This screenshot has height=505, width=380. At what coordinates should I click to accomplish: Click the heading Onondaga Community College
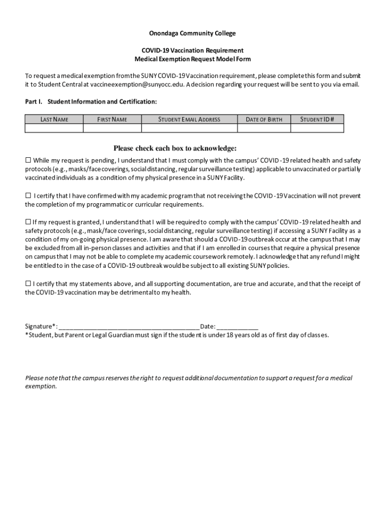coord(192,34)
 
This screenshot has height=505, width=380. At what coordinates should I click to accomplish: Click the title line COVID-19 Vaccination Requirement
coord(192,50)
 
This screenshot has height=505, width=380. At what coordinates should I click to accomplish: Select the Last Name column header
coord(54,119)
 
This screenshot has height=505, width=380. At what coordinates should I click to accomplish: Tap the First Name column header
coord(112,119)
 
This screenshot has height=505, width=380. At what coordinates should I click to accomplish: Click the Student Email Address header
coord(189,119)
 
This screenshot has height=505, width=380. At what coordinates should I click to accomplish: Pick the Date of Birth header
coord(264,119)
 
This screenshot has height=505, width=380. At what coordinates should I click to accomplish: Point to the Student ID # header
coord(317,119)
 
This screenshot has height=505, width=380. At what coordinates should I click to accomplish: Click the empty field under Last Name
coord(54,128)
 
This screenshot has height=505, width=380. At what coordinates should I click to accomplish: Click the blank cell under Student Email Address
coord(189,128)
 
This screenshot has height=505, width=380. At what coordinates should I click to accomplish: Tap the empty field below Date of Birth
coord(264,128)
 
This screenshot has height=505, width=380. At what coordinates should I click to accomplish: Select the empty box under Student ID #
coord(317,128)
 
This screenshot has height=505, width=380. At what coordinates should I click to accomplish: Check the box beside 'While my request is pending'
coord(28,160)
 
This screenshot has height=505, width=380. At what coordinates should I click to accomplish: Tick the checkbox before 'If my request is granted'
coord(28,221)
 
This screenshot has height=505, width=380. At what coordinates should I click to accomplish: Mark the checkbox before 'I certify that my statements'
coord(28,284)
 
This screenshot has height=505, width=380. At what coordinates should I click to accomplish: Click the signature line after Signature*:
coord(129,327)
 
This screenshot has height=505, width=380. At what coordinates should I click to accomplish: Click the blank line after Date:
coord(237,327)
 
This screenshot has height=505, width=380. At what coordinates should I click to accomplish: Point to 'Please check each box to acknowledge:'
coord(175,148)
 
